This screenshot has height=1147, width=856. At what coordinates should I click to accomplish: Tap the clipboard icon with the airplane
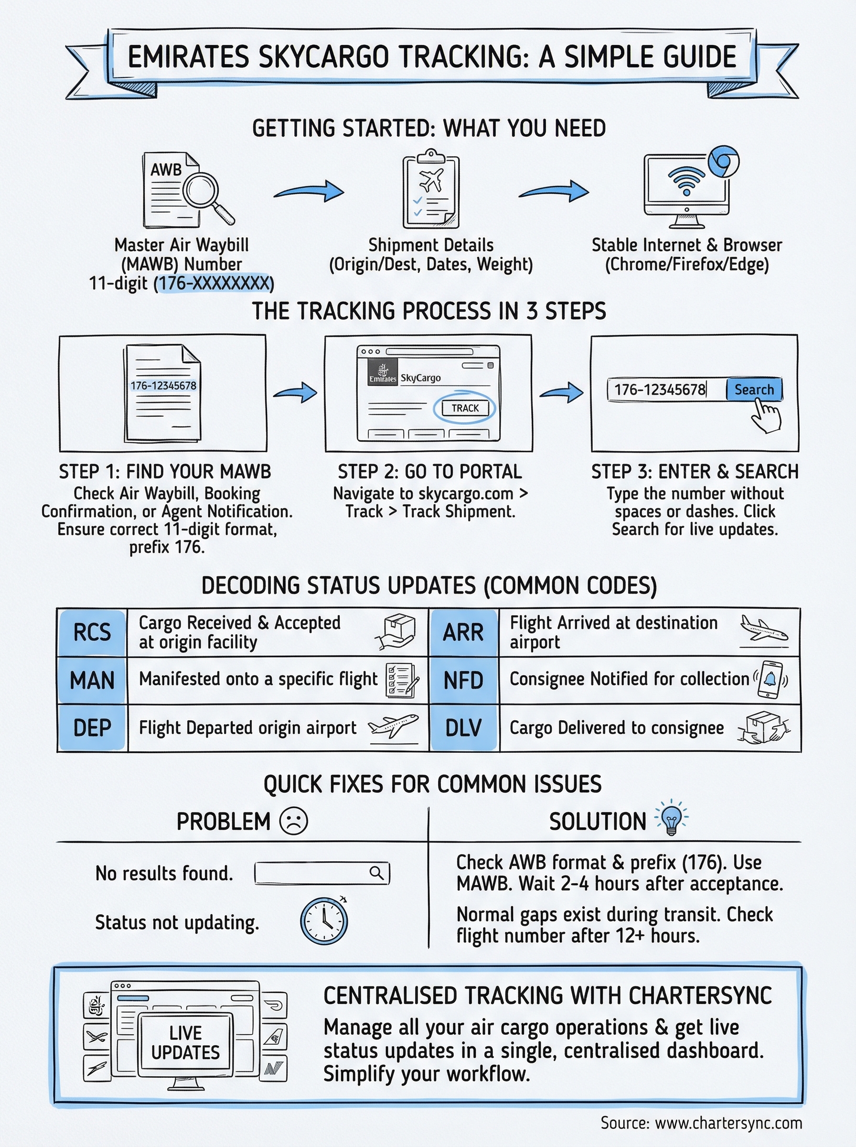pyautogui.click(x=430, y=190)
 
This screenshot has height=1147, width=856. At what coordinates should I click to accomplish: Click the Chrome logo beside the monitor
pyautogui.click(x=723, y=162)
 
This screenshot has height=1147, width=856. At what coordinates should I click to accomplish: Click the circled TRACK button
pyautogui.click(x=465, y=408)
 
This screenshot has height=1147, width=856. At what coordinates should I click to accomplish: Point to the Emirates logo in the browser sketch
pyautogui.click(x=383, y=373)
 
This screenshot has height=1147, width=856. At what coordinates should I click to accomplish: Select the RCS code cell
pyautogui.click(x=92, y=632)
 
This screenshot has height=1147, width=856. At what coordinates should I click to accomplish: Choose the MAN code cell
pyautogui.click(x=92, y=680)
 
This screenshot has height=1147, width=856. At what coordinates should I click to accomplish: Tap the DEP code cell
pyautogui.click(x=92, y=728)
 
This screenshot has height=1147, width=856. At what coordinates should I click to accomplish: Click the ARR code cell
pyautogui.click(x=463, y=632)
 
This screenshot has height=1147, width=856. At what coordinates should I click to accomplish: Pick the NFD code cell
pyautogui.click(x=463, y=680)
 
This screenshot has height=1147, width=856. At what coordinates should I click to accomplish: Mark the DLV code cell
pyautogui.click(x=463, y=728)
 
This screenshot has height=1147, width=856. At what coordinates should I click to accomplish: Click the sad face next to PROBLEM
pyautogui.click(x=293, y=821)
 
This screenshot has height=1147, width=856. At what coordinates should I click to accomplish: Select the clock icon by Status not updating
pyautogui.click(x=324, y=921)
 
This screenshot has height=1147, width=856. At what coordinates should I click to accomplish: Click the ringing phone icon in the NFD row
pyautogui.click(x=770, y=679)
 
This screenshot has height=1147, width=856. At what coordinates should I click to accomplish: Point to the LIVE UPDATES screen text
pyautogui.click(x=185, y=1042)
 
